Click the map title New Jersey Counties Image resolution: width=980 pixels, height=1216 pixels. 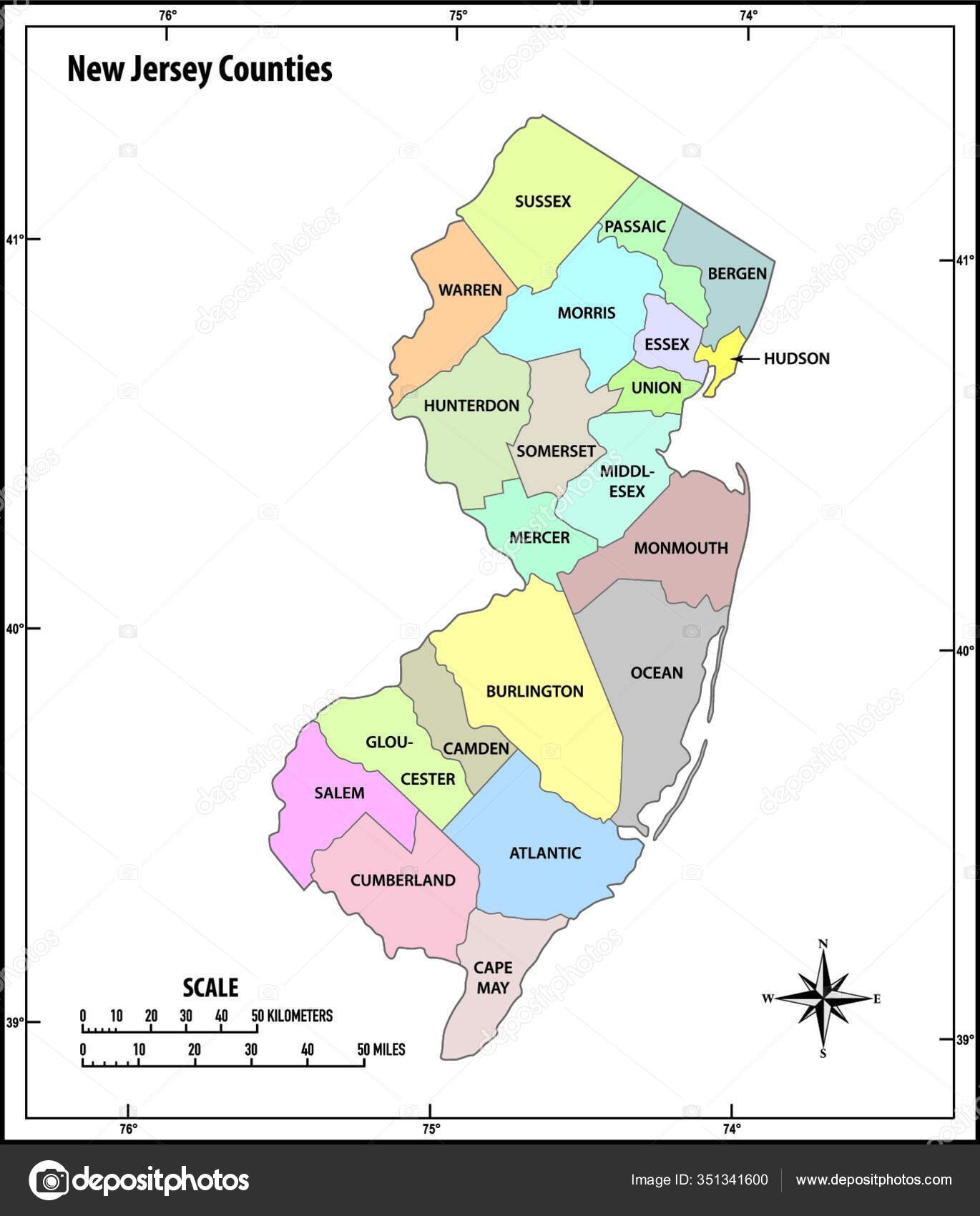click(200, 70)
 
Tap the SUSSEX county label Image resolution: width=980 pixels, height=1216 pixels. click(543, 202)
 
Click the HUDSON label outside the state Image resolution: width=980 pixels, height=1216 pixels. click(796, 358)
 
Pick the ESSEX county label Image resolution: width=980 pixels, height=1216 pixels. click(666, 344)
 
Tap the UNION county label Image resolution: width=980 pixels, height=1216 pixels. click(656, 388)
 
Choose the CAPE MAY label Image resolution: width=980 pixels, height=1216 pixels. click(493, 977)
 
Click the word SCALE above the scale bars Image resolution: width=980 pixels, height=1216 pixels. click(210, 988)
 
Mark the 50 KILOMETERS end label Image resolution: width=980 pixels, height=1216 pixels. click(292, 1016)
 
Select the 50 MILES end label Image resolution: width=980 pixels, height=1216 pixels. click(381, 1049)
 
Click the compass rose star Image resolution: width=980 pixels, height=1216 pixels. click(823, 999)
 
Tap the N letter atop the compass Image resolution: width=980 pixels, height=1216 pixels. click(823, 944)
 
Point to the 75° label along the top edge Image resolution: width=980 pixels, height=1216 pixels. click(458, 15)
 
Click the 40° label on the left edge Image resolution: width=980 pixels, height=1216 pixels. click(14, 629)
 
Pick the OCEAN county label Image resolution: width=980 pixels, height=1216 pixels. click(657, 672)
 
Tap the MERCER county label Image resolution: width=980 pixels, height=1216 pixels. click(539, 537)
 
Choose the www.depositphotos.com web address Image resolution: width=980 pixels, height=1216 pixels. click(873, 1180)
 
